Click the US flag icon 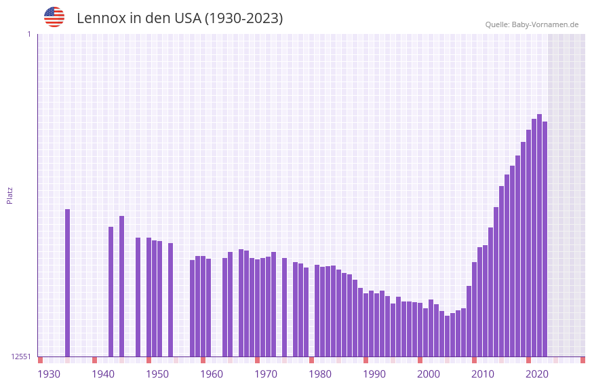point(54,17)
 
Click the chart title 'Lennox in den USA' point(180,18)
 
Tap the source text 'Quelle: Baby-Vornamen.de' point(532,24)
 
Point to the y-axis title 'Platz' point(9,195)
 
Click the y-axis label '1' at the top point(28,34)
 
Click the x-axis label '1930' point(49,373)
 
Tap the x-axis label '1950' point(157,373)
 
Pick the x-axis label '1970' point(266,373)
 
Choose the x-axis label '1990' point(374,373)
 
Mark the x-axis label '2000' point(429,373)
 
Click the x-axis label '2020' point(537,373)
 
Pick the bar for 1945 point(121,286)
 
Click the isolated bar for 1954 point(170,299)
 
